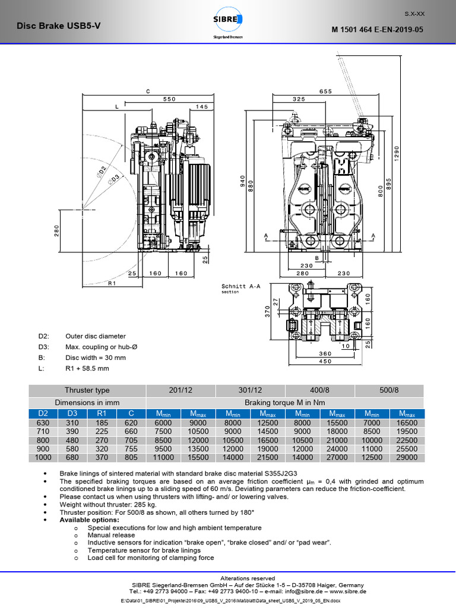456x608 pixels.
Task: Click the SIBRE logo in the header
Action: (x=229, y=24)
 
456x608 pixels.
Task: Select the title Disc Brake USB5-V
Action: (x=53, y=26)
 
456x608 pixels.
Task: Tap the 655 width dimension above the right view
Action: (x=325, y=91)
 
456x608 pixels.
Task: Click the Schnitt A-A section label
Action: (x=240, y=286)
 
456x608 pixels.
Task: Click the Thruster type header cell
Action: (x=87, y=390)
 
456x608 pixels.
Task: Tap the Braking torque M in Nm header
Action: (x=284, y=402)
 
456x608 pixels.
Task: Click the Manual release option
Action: (x=111, y=535)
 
